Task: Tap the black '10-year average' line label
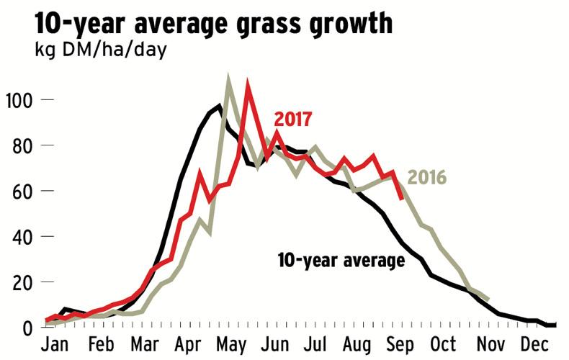(341, 260)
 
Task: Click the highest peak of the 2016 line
(228, 78)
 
